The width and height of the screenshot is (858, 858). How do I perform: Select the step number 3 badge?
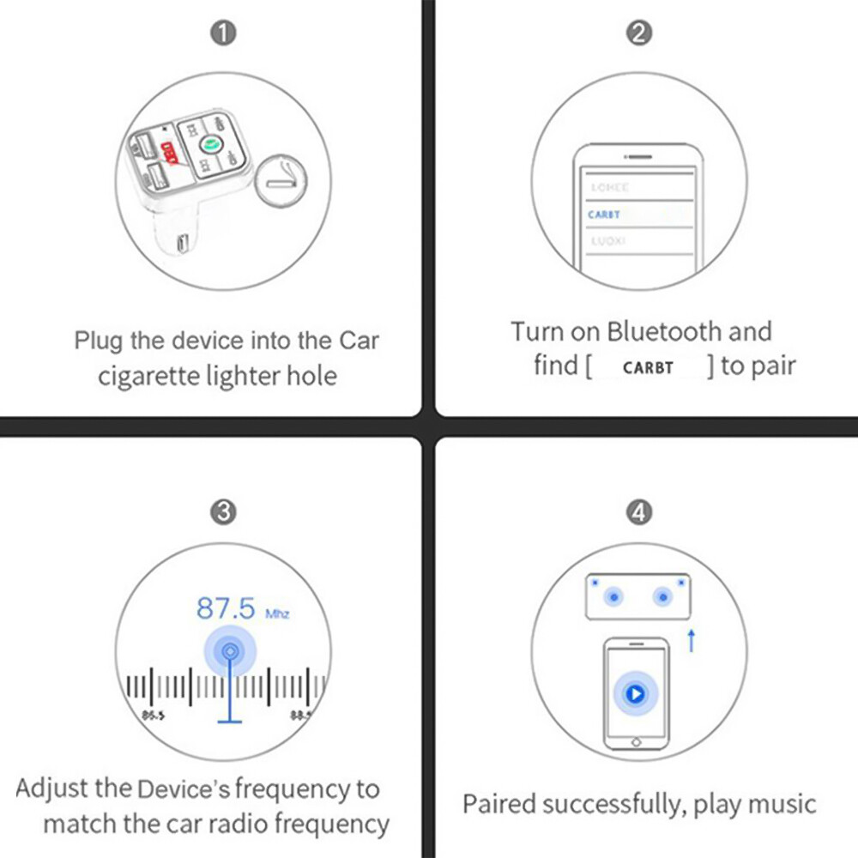click(x=223, y=512)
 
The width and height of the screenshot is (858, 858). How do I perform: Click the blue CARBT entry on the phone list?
click(x=604, y=214)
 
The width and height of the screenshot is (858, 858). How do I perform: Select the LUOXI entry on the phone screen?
click(x=608, y=242)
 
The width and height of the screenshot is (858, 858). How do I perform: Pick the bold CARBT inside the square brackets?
click(x=649, y=368)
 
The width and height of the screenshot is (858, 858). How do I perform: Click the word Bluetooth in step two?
click(x=664, y=331)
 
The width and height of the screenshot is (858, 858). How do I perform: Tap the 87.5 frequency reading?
click(x=227, y=608)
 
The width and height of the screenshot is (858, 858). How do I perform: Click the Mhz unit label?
click(x=278, y=614)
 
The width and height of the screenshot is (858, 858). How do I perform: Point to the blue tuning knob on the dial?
click(x=229, y=652)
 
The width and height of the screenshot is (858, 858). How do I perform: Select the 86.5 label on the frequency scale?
click(x=154, y=714)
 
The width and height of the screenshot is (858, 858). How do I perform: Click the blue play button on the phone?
click(x=635, y=693)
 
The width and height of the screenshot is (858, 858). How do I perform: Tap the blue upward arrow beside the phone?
click(x=692, y=640)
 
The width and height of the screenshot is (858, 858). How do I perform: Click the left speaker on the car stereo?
click(x=613, y=597)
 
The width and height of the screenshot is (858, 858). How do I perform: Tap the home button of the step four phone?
click(x=635, y=741)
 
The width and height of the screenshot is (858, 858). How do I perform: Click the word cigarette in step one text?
click(x=147, y=376)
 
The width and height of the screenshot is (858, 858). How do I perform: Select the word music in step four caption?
click(x=781, y=805)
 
